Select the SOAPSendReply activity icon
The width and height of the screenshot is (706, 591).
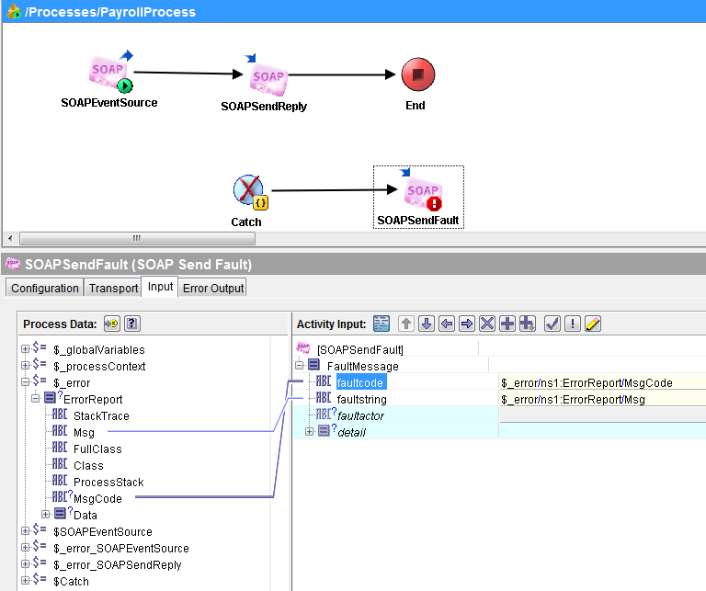[x=267, y=75]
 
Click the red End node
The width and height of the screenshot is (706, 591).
[x=418, y=74]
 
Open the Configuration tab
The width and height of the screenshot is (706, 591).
[x=44, y=288]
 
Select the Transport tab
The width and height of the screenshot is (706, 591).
[x=113, y=288]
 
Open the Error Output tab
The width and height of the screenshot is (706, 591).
[x=213, y=288]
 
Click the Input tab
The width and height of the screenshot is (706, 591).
[x=160, y=287]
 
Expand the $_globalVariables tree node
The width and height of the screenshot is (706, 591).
[x=25, y=349]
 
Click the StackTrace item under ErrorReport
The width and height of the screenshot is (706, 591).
[x=101, y=415]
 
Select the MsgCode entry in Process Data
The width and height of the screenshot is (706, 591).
[x=97, y=499]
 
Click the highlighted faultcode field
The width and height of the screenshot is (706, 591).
[x=361, y=382]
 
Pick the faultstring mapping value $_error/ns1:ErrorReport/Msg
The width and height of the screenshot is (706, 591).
[x=574, y=399]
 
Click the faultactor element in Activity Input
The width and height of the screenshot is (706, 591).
[x=360, y=415]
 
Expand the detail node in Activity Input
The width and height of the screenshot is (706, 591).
[x=309, y=432]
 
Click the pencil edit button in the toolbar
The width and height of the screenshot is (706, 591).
[x=593, y=324]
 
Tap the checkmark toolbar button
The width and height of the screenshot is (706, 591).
[x=552, y=324]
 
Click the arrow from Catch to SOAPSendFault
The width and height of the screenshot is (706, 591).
[x=334, y=190]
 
